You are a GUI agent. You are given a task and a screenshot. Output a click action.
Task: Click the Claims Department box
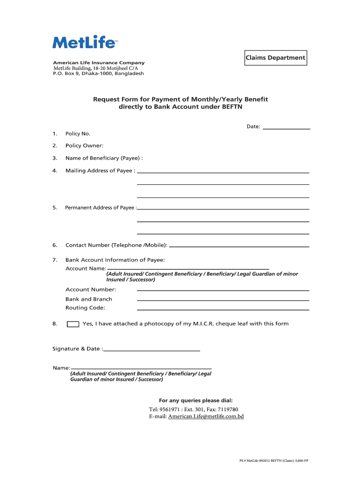[275, 58]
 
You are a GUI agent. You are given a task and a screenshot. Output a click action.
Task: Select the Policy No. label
[78, 134]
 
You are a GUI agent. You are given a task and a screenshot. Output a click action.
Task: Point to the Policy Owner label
[84, 146]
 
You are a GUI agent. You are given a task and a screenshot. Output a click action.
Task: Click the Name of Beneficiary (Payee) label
[104, 158]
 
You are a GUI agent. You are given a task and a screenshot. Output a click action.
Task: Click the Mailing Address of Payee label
[100, 171]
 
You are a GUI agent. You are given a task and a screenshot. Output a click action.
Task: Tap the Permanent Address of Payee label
[101, 208]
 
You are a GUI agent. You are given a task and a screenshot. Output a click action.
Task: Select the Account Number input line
[223, 291]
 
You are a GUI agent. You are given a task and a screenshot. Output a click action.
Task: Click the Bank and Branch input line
[223, 300]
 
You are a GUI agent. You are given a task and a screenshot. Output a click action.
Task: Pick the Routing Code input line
[223, 309]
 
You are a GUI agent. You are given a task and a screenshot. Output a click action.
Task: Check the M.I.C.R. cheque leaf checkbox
[73, 324]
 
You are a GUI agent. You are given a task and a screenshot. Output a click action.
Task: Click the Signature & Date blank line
[152, 350]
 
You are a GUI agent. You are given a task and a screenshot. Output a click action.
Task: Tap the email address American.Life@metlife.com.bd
[206, 416]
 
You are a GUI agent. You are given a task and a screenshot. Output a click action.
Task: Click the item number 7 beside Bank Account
[55, 260]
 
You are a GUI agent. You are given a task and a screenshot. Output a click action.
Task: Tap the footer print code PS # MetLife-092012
[261, 461]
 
